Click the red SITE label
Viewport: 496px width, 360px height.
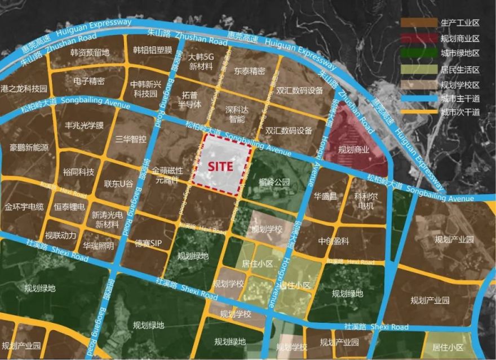220,167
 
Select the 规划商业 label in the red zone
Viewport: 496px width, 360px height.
353,150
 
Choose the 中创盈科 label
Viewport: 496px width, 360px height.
334,241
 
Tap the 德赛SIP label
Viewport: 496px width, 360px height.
148,243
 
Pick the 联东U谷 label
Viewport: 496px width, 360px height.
118,184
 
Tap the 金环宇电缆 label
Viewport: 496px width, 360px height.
24,207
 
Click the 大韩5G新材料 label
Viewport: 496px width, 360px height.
201,61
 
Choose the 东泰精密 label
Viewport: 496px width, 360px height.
249,72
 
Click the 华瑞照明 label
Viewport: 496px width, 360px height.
98,246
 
